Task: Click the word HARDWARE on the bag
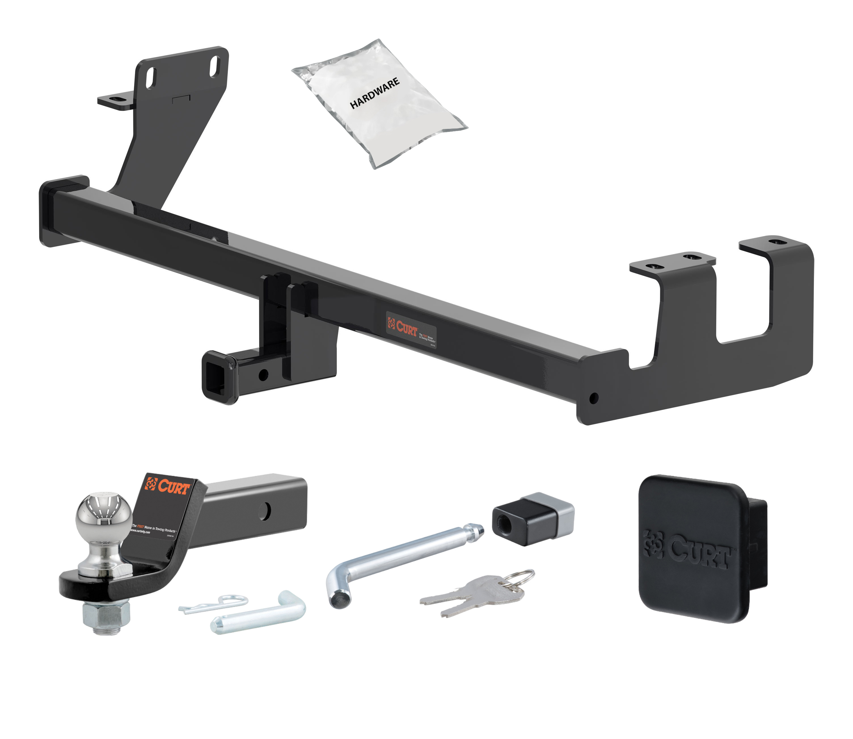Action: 374,93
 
